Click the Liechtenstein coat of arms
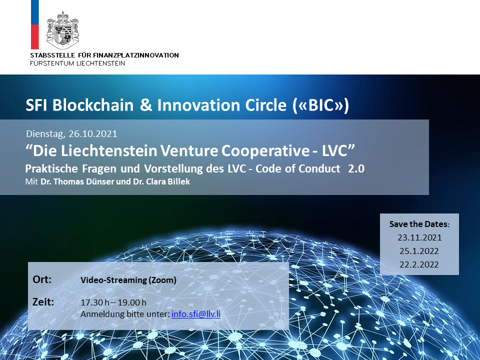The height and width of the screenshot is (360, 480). [x=62, y=30]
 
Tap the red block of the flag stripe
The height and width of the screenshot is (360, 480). [x=35, y=36]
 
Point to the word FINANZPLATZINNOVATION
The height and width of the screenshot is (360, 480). [x=135, y=55]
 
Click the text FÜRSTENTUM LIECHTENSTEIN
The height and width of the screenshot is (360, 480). [x=77, y=63]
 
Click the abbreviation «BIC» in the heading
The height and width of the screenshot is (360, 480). [x=321, y=105]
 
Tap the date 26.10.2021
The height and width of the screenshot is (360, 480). [x=93, y=134]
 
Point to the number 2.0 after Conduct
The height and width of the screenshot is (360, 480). [x=356, y=168]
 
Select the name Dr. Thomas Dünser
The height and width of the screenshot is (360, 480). [x=77, y=181]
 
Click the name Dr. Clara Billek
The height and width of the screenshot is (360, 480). [x=161, y=181]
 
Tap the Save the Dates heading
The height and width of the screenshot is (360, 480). [x=419, y=224]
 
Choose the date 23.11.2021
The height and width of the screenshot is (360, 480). [x=419, y=237]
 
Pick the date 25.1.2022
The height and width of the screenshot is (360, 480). [x=419, y=251]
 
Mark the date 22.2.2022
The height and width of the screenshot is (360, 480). [x=419, y=264]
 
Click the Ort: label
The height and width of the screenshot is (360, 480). [x=42, y=279]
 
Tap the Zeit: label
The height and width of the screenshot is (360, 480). [x=43, y=302]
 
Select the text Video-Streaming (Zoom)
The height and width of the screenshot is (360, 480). [x=128, y=280]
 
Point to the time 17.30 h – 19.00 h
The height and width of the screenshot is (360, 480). [x=113, y=302]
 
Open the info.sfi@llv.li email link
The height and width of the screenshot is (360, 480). [x=196, y=314]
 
